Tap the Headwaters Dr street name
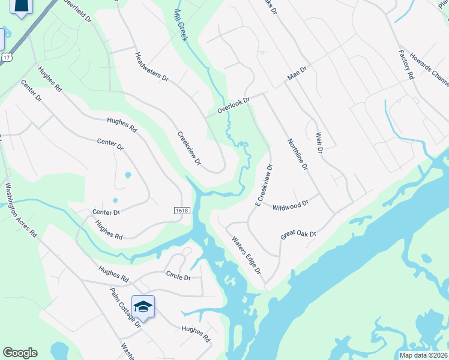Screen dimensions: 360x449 coord(152,67)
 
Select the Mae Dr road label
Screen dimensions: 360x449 coord(297,74)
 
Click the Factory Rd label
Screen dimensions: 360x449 coord(406,65)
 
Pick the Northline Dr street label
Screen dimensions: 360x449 coord(298,153)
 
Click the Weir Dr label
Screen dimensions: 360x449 coord(319,143)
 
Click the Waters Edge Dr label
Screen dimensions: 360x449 coord(247,254)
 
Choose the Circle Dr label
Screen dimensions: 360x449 coord(178,277)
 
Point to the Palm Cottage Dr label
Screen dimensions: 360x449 coord(125,306)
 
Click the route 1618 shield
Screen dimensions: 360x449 coord(182,211)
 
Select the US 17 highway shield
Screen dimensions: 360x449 coord(7,57)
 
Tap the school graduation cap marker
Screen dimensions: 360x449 coord(143,307)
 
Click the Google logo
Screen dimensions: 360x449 coord(20,353)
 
